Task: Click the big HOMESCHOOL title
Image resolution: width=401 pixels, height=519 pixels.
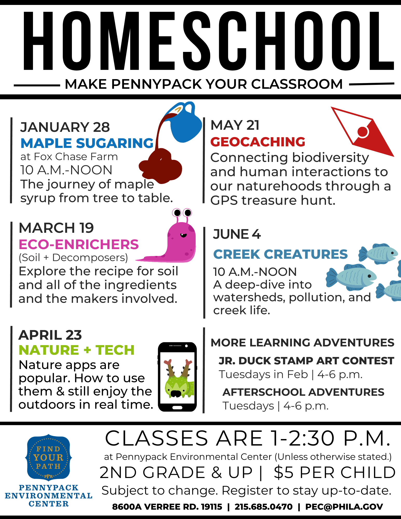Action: [x=209, y=41]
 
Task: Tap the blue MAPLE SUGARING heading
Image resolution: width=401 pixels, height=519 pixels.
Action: [x=87, y=143]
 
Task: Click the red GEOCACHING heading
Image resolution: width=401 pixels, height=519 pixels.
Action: [x=258, y=142]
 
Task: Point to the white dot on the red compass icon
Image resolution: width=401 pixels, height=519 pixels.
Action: [x=363, y=132]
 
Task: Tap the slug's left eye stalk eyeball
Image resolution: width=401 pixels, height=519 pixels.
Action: [x=177, y=213]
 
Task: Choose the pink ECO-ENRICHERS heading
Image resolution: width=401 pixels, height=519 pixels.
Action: [x=79, y=244]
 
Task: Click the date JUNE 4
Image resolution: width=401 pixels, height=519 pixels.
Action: [x=237, y=234]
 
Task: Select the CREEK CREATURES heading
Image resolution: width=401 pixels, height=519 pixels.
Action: [x=280, y=254]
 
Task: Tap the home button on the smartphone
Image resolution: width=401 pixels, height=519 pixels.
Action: [x=177, y=408]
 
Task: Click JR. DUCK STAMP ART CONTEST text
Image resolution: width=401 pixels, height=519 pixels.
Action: [x=306, y=361]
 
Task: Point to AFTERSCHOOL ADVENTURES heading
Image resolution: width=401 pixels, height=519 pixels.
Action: [x=303, y=392]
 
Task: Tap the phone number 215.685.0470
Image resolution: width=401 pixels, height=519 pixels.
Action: [x=263, y=507]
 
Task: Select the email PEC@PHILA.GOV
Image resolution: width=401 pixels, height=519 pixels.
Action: [x=344, y=507]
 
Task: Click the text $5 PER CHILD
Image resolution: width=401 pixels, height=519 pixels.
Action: [x=335, y=472]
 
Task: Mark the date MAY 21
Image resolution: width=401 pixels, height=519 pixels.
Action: [x=235, y=125]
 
